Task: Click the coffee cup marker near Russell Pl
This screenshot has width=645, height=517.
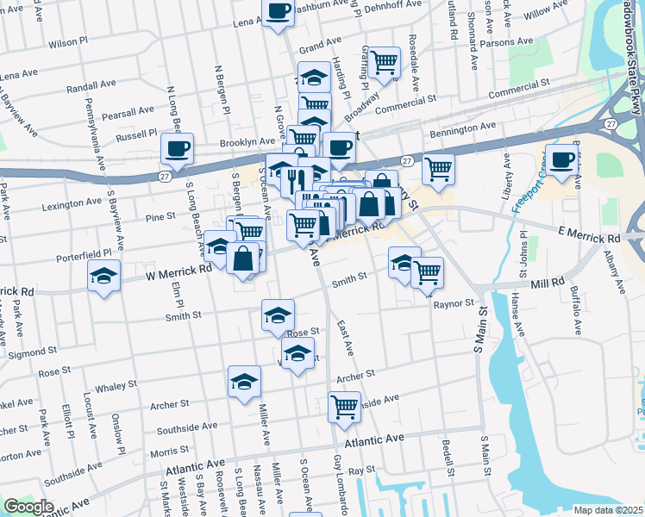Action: click(177, 147)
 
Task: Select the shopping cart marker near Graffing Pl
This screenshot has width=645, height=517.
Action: click(385, 62)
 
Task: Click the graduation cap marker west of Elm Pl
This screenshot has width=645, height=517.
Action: click(104, 277)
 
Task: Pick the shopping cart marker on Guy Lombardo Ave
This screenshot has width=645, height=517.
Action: click(344, 406)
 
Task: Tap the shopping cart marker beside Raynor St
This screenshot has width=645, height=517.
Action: click(428, 273)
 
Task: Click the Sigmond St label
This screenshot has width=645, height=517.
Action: click(29, 353)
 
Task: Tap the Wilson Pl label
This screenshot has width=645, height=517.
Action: click(69, 42)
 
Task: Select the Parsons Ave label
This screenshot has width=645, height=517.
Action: click(510, 41)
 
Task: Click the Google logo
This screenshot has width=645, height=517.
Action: click(28, 507)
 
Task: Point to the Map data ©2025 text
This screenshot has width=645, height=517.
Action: click(608, 510)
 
